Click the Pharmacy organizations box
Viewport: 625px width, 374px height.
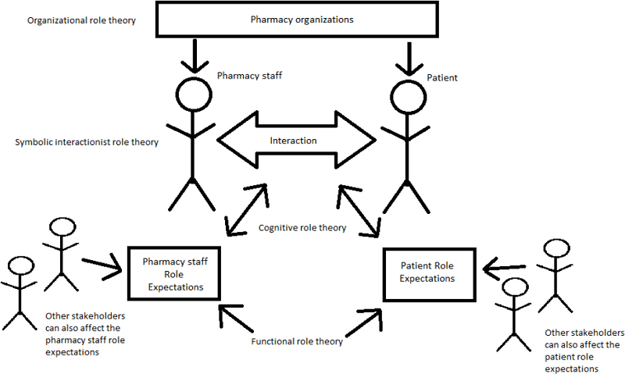[301, 20]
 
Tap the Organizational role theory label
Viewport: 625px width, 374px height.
[81, 20]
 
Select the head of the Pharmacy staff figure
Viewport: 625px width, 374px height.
[192, 94]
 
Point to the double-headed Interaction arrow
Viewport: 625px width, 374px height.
[295, 141]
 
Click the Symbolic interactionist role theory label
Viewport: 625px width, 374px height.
[87, 142]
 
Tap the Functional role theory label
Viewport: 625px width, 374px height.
[297, 342]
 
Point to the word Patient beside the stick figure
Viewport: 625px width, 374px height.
[443, 78]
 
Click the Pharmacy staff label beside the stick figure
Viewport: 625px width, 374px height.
[248, 75]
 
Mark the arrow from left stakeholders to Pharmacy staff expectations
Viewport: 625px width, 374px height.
[103, 265]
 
